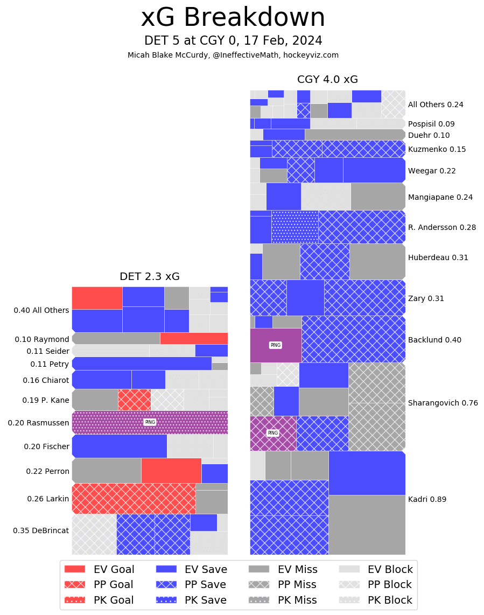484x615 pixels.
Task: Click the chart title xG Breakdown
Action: pyautogui.click(x=233, y=18)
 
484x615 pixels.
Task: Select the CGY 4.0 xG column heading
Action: pyautogui.click(x=327, y=80)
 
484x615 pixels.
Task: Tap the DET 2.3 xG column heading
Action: pyautogui.click(x=150, y=277)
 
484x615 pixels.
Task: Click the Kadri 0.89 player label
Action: pyautogui.click(x=427, y=499)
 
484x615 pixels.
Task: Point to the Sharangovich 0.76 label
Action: pyautogui.click(x=443, y=403)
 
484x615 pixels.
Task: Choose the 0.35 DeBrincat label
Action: pyautogui.click(x=41, y=530)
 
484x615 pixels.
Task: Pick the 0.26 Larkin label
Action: pyautogui.click(x=48, y=499)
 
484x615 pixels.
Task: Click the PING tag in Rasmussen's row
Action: pyautogui.click(x=150, y=422)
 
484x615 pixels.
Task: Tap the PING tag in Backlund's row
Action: pyautogui.click(x=275, y=345)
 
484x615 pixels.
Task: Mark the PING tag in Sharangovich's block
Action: pyautogui.click(x=273, y=433)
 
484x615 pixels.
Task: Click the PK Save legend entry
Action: pyautogui.click(x=191, y=600)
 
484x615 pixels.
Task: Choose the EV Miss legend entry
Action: pyautogui.click(x=283, y=570)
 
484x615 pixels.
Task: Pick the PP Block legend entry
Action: pyautogui.click(x=375, y=585)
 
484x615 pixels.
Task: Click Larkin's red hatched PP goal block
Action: pyautogui.click(x=134, y=499)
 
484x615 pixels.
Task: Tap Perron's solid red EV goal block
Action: pyautogui.click(x=171, y=471)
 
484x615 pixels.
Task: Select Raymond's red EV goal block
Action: pyautogui.click(x=194, y=338)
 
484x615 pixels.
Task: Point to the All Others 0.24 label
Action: pyautogui.click(x=436, y=104)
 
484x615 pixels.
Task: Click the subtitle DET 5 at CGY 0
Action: pyautogui.click(x=233, y=41)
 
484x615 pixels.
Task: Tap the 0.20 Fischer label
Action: pyautogui.click(x=46, y=446)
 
